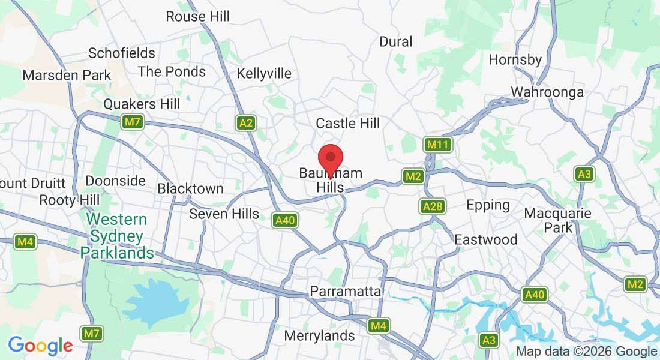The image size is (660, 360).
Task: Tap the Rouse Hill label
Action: tap(197, 17)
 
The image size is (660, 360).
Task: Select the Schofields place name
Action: tap(122, 53)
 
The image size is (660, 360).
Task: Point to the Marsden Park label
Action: tap(67, 76)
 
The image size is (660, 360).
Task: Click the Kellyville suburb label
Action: tap(264, 73)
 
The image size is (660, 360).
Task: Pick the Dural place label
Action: tap(396, 41)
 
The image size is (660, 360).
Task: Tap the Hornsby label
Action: tap(515, 59)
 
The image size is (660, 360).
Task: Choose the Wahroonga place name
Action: tap(547, 92)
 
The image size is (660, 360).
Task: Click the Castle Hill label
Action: tap(348, 124)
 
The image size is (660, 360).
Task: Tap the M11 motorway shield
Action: tap(437, 145)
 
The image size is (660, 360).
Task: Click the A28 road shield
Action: tap(432, 206)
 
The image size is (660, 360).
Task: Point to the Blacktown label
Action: tap(190, 188)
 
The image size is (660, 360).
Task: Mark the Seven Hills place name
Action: tap(224, 214)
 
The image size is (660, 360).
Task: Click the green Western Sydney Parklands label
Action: tap(118, 235)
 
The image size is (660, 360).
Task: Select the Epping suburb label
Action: tap(488, 205)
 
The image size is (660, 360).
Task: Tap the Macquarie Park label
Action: tap(557, 220)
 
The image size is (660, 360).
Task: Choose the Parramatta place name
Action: tap(345, 291)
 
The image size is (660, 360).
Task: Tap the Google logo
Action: tap(40, 346)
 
